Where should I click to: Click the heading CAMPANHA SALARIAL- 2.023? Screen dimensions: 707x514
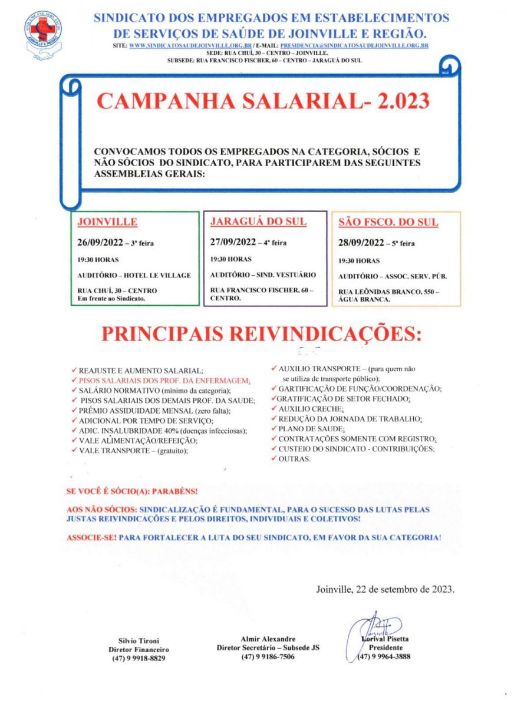pyautogui.click(x=263, y=101)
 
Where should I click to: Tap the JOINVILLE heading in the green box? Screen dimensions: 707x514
pyautogui.click(x=108, y=222)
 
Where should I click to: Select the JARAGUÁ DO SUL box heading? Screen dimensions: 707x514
pyautogui.click(x=258, y=222)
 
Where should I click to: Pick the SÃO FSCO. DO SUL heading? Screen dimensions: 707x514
pyautogui.click(x=388, y=223)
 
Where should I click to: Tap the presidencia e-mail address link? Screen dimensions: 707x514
pyautogui.click(x=354, y=45)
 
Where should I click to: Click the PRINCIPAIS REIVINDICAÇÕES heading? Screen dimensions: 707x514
pyautogui.click(x=262, y=334)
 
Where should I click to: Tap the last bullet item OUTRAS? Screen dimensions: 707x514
pyautogui.click(x=294, y=458)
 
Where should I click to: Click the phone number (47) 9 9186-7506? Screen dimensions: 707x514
pyautogui.click(x=268, y=657)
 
